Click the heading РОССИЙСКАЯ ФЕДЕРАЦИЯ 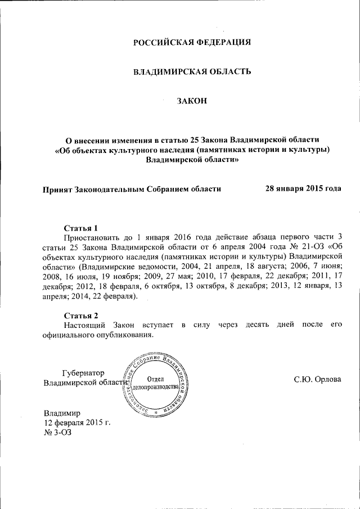point(192,43)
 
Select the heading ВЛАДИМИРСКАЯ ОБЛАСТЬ point(192,72)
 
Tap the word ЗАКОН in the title point(192,101)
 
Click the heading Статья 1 point(81,228)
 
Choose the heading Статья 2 point(81,315)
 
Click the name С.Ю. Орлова point(318,379)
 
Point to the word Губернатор point(84,372)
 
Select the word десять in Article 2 point(258,325)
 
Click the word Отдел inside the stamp point(155,379)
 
